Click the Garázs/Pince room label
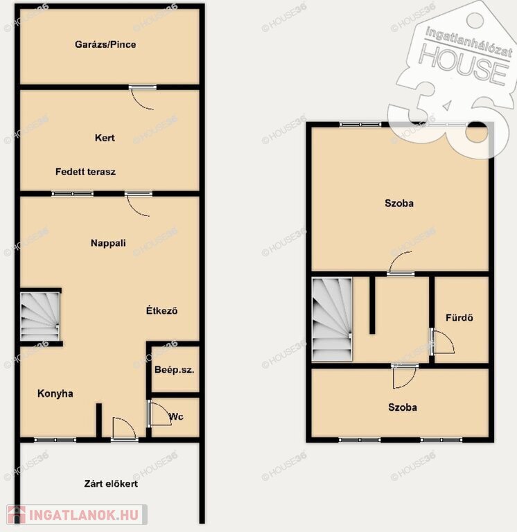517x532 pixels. [105, 44]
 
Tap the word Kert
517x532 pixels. [105, 138]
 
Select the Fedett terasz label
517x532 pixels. [85, 172]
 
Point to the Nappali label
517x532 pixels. [108, 243]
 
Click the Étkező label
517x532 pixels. [162, 310]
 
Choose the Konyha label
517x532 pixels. [55, 393]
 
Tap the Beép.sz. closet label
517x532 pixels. [174, 370]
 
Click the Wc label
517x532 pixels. [176, 416]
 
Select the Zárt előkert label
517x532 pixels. [111, 484]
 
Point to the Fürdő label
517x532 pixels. [459, 317]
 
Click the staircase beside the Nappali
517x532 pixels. [40, 317]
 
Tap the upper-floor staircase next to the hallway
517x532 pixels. [332, 319]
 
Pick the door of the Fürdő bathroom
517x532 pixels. [442, 342]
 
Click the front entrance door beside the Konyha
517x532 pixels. [124, 429]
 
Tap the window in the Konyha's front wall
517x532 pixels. [55, 440]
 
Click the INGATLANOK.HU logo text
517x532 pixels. [84, 515]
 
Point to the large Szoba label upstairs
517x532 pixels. [399, 203]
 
